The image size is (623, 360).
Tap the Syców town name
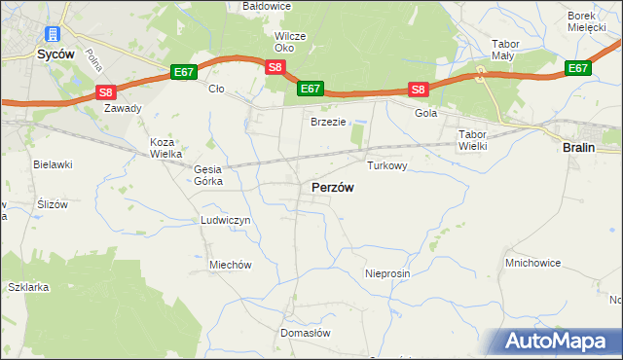(55, 55)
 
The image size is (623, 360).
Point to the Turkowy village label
(385, 166)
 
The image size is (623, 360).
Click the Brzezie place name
(328, 122)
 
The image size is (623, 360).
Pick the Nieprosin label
(387, 274)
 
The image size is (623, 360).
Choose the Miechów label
(231, 265)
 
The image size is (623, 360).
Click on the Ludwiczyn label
(226, 221)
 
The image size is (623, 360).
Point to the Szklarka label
(28, 288)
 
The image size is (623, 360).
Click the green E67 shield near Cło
(184, 72)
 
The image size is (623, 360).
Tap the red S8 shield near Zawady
(106, 92)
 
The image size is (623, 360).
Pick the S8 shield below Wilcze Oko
(275, 67)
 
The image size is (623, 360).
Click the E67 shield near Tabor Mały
(578, 68)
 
